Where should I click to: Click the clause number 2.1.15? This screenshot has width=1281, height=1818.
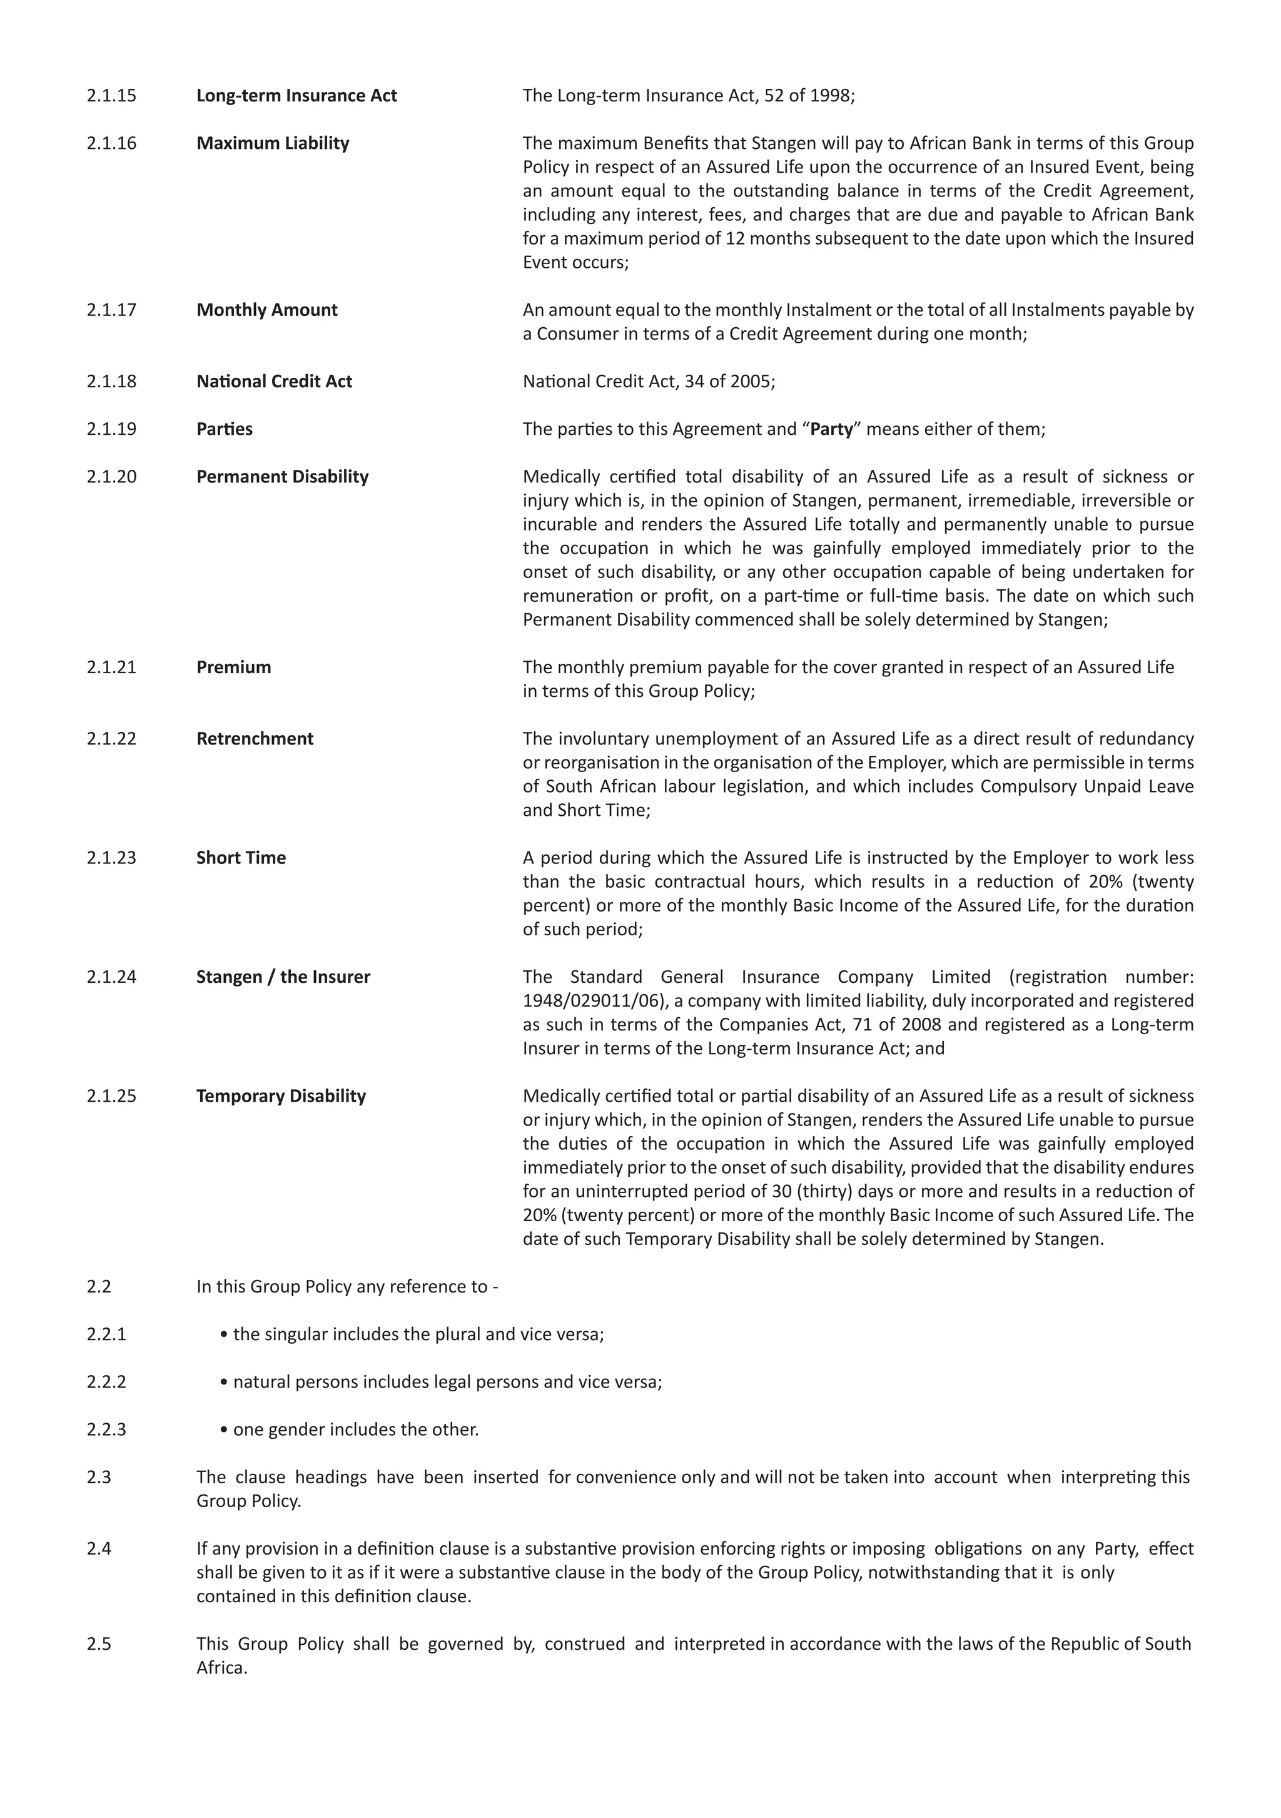(111, 96)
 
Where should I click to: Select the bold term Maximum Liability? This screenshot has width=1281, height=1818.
(272, 143)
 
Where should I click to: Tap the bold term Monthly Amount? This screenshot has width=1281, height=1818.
(267, 310)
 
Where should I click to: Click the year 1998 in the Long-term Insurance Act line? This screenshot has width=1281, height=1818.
(828, 96)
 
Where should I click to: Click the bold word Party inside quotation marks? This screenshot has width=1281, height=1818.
(831, 429)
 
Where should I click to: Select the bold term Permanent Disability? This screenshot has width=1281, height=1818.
(282, 477)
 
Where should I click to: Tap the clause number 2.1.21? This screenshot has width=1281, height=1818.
(111, 668)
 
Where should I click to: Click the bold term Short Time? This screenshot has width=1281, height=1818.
(241, 858)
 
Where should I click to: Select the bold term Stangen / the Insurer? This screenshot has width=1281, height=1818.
(283, 977)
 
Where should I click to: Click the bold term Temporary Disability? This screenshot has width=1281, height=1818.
(281, 1096)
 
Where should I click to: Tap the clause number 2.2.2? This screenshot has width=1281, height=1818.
(106, 1382)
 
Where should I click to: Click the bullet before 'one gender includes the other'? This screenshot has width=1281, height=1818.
(225, 1430)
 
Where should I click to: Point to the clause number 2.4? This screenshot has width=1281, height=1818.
(99, 1549)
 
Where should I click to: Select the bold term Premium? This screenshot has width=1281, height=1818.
(233, 668)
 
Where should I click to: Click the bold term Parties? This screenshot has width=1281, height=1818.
(224, 429)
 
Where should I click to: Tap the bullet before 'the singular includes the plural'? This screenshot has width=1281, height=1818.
(225, 1335)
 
